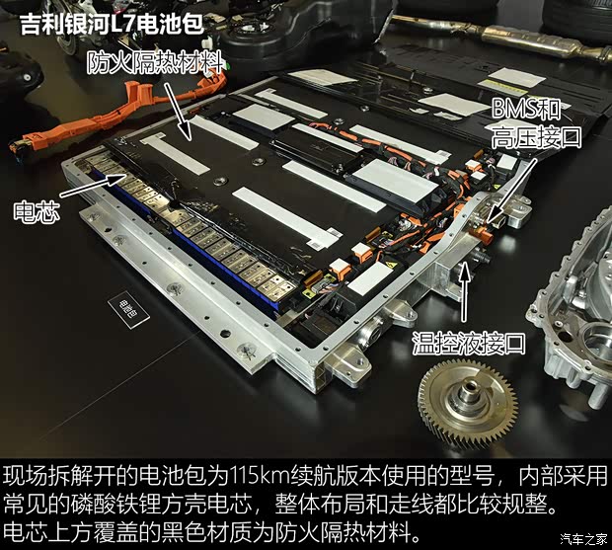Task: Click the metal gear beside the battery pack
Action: pos(468,405)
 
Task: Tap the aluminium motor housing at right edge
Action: pos(573,326)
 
